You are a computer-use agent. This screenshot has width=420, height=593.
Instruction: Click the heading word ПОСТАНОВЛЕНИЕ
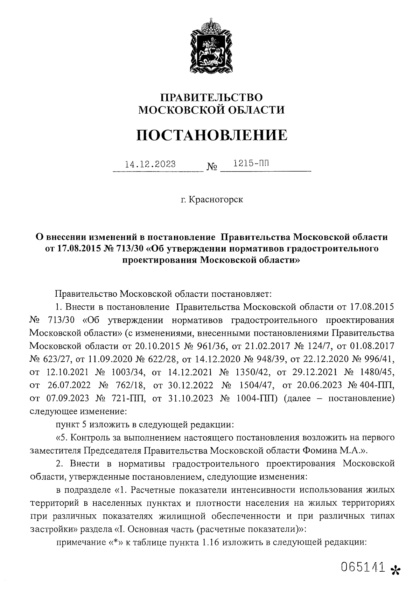coord(212,135)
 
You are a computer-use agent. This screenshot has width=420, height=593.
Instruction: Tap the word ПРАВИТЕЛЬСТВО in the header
coord(211,97)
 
